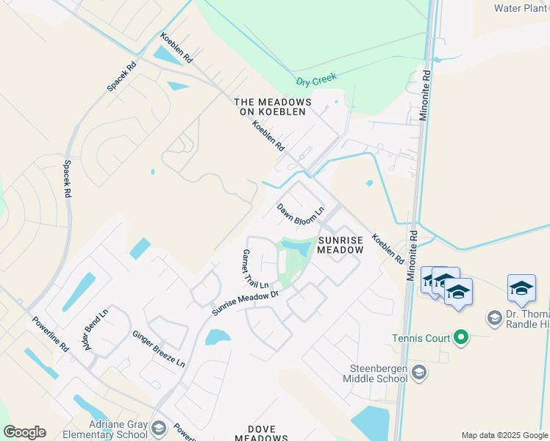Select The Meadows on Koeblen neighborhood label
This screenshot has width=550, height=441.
click(x=273, y=107)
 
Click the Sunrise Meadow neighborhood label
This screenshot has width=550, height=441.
click(x=340, y=244)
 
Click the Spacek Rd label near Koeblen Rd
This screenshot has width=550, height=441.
click(x=121, y=76)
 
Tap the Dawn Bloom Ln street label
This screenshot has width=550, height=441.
click(x=300, y=215)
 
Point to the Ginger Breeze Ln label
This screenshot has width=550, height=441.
click(x=158, y=348)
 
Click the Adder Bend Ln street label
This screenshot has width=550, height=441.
click(x=96, y=329)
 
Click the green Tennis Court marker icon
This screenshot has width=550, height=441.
click(x=461, y=338)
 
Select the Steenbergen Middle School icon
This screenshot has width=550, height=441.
click(x=419, y=373)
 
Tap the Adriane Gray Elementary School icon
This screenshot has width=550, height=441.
click(x=158, y=429)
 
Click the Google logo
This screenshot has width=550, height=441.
click(x=24, y=432)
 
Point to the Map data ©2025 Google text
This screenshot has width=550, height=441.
click(x=504, y=435)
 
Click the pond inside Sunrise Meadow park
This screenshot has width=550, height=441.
click(x=296, y=248)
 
